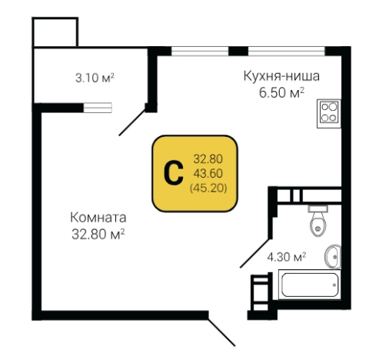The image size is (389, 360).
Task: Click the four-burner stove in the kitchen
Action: click(331, 113)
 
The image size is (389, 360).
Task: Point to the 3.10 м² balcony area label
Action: click(95, 78)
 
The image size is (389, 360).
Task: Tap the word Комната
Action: click(97, 217)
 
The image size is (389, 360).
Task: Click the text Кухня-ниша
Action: click(281, 76)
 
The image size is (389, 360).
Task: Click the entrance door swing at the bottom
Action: click(222, 329)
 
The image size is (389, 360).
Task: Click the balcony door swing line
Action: click(131, 122)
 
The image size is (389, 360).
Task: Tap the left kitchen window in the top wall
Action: click(200, 51)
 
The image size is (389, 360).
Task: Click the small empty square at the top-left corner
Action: click(54, 31)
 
